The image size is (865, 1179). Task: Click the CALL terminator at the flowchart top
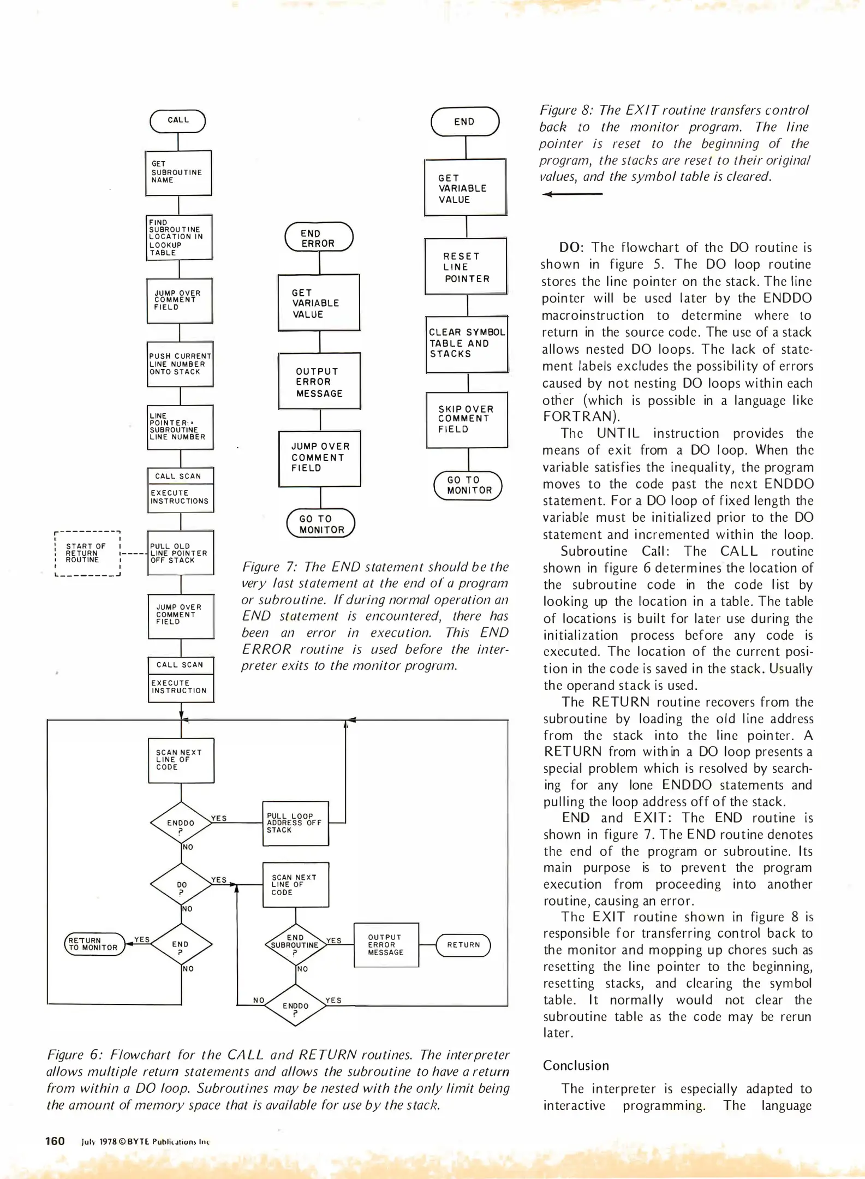[178, 121]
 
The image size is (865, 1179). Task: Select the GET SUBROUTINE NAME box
[178, 172]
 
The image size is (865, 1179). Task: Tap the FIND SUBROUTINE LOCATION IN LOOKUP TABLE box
[179, 237]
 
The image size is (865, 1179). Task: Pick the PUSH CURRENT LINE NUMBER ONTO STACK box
[180, 364]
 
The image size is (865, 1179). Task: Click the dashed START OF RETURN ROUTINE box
[87, 553]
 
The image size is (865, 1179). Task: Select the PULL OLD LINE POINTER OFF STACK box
[181, 552]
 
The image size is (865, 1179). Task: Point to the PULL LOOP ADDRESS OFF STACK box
[295, 823]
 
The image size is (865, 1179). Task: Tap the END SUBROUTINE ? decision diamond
[295, 945]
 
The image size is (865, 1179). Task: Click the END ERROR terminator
[319, 237]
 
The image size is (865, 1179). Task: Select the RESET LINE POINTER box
[466, 267]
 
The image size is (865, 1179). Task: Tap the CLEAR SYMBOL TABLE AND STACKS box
[467, 344]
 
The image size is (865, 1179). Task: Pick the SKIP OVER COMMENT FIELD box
[467, 419]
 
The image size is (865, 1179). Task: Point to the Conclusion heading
[576, 1065]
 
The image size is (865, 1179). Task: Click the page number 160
[55, 1141]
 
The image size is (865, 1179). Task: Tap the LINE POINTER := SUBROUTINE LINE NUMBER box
[180, 427]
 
